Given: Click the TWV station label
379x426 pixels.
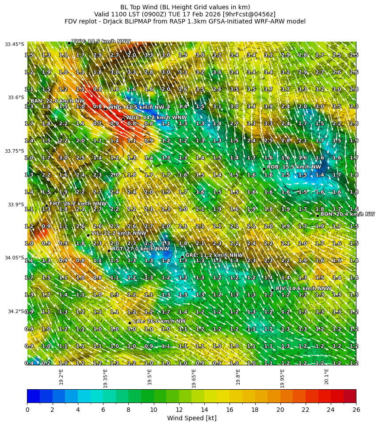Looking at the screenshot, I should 101,42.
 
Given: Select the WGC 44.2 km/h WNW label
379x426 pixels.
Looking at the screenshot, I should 156,117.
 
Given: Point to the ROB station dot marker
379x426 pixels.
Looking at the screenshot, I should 264,169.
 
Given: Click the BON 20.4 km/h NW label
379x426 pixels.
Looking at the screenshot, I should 347,214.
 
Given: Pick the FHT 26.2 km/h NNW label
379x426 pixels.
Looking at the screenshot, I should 78,204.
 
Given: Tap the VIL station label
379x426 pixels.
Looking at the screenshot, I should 119,233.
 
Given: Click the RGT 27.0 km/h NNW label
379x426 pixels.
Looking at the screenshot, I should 140,249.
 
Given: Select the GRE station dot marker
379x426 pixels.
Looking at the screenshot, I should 182,257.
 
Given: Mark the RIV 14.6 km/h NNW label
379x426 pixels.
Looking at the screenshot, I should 303,288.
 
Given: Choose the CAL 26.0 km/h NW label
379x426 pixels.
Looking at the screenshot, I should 159,321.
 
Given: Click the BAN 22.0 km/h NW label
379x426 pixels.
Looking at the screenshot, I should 57,101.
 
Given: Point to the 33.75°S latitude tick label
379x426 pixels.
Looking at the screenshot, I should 15,151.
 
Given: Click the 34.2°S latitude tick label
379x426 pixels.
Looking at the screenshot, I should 16,311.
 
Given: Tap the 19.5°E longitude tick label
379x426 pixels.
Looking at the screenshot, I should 149,377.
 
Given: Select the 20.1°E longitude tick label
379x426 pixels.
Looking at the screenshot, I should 326,377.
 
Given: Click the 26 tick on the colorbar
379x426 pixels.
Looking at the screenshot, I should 356,410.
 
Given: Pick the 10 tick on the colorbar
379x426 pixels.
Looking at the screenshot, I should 153,410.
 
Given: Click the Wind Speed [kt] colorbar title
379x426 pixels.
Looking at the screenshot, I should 191,418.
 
